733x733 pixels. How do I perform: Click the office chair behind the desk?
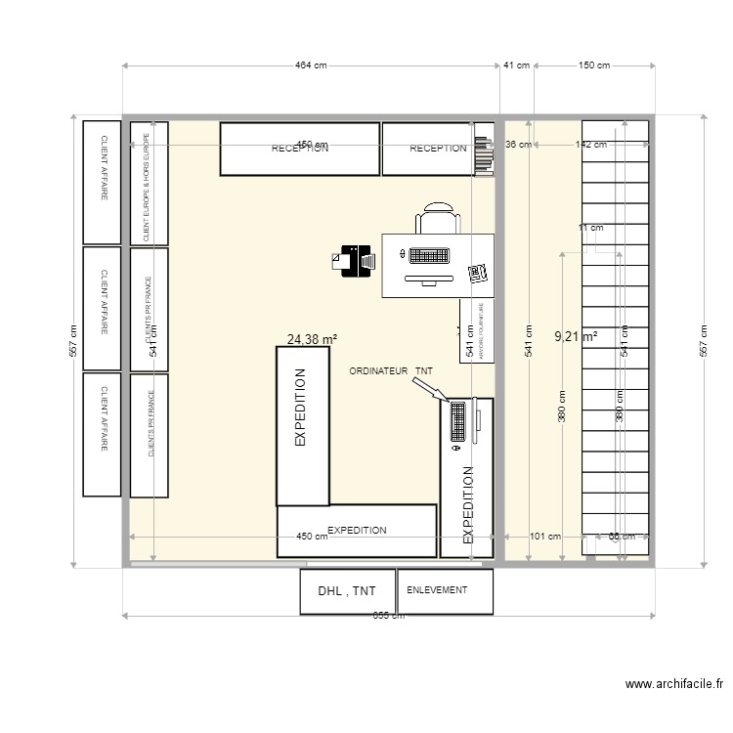coord(437,219)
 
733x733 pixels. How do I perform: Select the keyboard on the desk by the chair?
coord(428,256)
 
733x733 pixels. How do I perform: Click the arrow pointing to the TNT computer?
coord(429,389)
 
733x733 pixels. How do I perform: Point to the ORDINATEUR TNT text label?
coord(390,371)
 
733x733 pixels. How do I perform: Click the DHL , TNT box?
coord(346,591)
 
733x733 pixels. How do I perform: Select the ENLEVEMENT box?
coord(445,591)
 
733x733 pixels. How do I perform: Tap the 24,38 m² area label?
coord(312,340)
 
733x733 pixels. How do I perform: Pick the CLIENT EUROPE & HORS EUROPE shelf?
coord(149,183)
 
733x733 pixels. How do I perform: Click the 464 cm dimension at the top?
coord(310,65)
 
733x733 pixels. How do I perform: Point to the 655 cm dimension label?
coord(389,628)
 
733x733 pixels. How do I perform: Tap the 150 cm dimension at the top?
coord(594,65)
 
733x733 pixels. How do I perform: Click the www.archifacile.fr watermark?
coord(673,685)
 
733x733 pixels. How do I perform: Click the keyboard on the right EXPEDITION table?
coord(456,422)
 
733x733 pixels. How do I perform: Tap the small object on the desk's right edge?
coord(477,274)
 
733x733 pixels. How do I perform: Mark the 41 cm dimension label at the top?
coord(516,65)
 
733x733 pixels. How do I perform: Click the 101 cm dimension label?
coord(544,537)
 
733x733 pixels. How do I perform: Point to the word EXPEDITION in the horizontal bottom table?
coord(357,530)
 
